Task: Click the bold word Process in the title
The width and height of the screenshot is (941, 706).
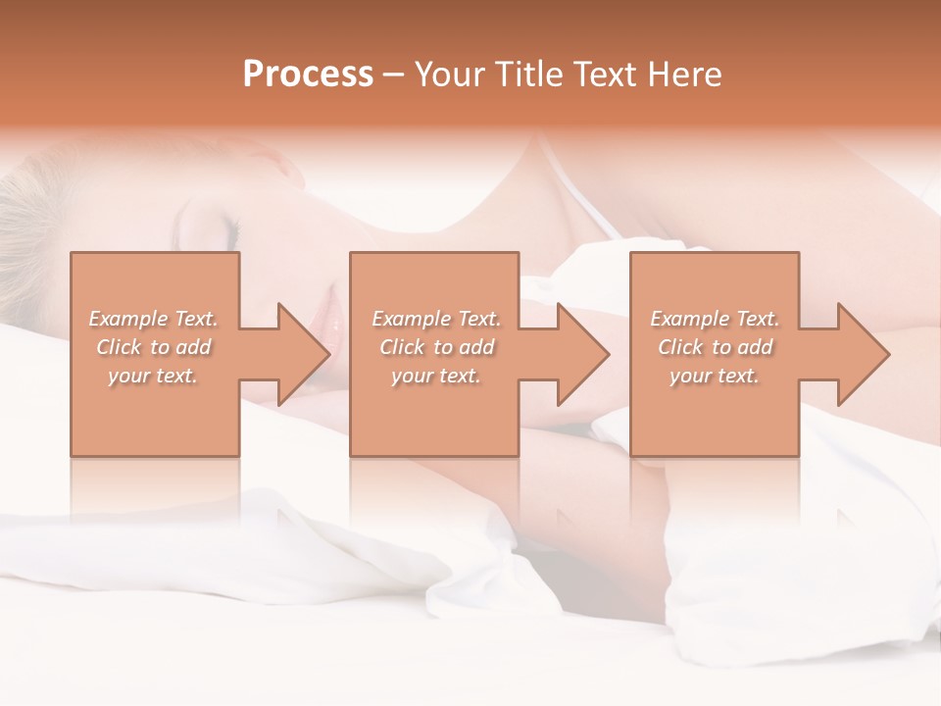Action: pos(308,75)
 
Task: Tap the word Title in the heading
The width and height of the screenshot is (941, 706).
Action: pos(526,75)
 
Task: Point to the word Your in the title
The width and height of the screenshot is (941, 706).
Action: pos(450,75)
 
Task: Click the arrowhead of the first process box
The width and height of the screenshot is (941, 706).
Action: pos(304,354)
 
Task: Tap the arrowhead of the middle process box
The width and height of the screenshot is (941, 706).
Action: pos(582,354)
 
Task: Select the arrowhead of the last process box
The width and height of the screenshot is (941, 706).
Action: pos(863,354)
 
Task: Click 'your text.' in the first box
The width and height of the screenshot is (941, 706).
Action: pos(153,376)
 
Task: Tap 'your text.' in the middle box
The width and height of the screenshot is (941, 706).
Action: pos(435,376)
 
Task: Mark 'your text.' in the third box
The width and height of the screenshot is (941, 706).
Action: pos(715,376)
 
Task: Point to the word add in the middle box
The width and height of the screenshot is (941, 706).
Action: pos(476,347)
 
